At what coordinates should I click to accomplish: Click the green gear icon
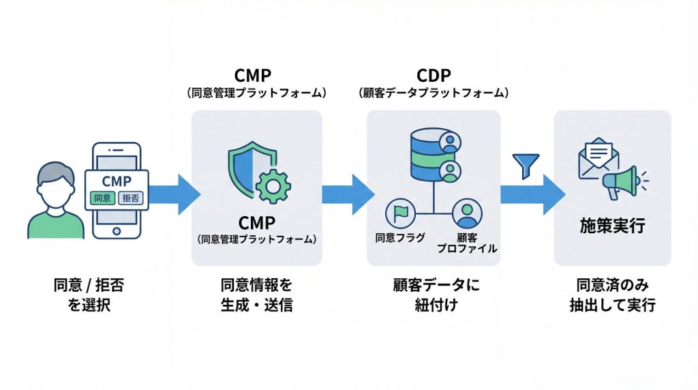point(273,183)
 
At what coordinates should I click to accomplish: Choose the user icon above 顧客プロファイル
point(467,214)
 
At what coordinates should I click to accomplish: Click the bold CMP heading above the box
point(256,75)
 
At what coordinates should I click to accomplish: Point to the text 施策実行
point(611,226)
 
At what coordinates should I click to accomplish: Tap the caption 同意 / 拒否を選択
point(89,294)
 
